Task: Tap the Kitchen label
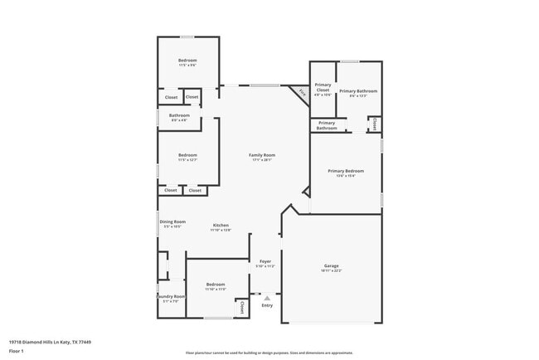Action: (221, 225)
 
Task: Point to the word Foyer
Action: (265, 261)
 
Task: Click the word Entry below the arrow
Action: (267, 306)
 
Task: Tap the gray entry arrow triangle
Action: (267, 297)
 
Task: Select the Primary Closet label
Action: (323, 87)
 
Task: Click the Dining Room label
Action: (172, 221)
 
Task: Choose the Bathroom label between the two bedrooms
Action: (179, 115)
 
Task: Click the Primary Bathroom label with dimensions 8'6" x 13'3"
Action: (358, 90)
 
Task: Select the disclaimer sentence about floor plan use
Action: (269, 353)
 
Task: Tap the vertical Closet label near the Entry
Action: (242, 306)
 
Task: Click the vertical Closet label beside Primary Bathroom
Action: (376, 124)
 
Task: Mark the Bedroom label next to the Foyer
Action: (216, 285)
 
